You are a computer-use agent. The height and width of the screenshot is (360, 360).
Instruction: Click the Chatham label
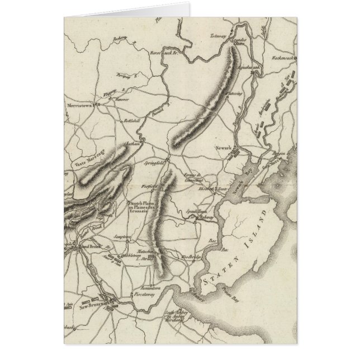coord(132,145)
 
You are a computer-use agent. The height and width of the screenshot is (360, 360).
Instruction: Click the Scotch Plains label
coord(144,205)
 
